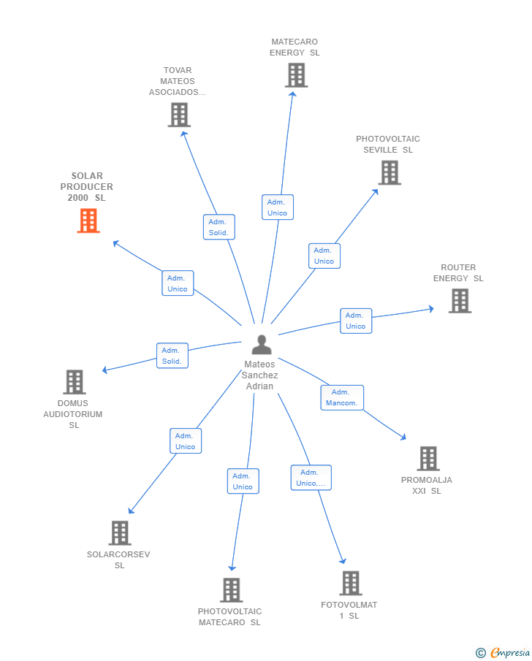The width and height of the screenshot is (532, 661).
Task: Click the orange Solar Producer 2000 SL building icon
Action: (88, 221)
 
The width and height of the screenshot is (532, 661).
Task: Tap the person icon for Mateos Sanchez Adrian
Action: (261, 345)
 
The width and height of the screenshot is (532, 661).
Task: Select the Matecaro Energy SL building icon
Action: (296, 75)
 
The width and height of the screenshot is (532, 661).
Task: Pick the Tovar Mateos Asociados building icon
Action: (179, 115)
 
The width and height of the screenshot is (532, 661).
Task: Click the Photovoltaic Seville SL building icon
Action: (389, 172)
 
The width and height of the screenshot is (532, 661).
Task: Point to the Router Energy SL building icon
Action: (460, 301)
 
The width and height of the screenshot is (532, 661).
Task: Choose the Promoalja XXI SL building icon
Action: (428, 459)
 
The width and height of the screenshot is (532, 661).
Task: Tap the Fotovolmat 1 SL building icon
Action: (351, 583)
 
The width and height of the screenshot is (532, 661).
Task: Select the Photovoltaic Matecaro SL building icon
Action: (231, 590)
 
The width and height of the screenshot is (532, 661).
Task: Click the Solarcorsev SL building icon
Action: (120, 533)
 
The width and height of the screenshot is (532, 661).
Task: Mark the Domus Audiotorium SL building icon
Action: (74, 382)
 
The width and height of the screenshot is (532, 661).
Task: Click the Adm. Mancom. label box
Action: (341, 397)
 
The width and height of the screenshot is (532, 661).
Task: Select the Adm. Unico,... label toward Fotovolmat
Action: (311, 478)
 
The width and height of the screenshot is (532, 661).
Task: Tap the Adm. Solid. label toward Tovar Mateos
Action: (218, 227)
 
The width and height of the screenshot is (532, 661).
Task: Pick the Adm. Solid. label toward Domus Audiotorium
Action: (172, 356)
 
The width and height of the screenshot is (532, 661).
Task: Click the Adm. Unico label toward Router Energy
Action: (356, 321)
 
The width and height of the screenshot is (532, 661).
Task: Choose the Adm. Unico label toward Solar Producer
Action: (178, 283)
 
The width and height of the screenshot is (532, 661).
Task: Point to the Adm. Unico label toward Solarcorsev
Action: (186, 441)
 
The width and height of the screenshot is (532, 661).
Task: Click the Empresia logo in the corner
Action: (503, 652)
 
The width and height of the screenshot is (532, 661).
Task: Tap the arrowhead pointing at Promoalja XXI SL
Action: (403, 437)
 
